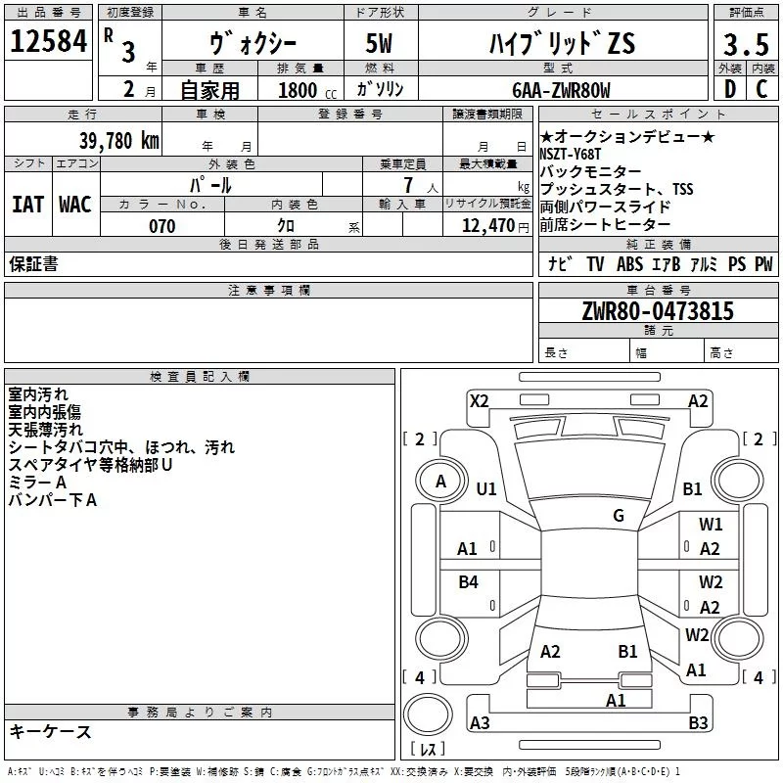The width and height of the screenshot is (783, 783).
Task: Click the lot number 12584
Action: [48, 41]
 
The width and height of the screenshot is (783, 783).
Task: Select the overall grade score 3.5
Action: [744, 45]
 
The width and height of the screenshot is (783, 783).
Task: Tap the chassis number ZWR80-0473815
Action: [657, 311]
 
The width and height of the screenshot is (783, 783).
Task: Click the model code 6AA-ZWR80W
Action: [560, 91]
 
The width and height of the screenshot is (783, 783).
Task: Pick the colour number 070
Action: [161, 226]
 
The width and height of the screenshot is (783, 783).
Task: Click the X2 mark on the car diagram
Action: [479, 400]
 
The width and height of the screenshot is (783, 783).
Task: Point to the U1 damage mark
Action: [486, 488]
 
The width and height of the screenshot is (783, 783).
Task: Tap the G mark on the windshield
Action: [619, 515]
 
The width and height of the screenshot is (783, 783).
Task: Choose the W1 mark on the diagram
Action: [711, 525]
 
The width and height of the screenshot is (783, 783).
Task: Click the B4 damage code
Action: [469, 582]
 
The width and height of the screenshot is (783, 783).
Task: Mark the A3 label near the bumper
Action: [480, 722]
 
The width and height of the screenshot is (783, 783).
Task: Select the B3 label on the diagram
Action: [698, 722]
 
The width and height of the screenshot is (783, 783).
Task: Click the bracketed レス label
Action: [428, 750]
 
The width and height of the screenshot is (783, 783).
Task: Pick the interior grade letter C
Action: [760, 91]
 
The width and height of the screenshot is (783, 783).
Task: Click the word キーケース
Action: [50, 732]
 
